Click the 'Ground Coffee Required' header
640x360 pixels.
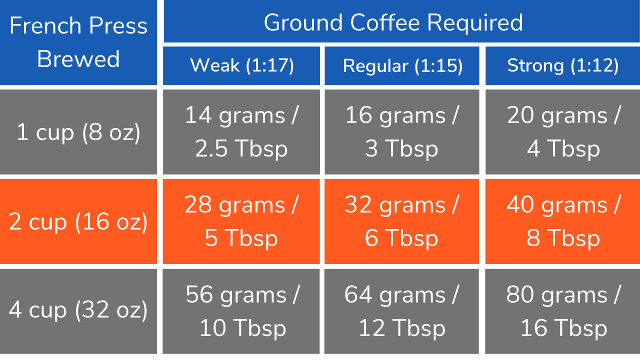coord(393,22)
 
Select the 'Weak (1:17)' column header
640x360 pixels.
coord(241,65)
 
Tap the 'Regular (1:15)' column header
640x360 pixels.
coord(402,65)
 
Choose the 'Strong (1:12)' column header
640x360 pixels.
coord(563,65)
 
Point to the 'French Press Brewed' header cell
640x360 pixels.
coord(78,42)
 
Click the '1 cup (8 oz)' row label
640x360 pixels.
coord(78,132)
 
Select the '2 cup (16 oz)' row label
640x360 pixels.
coord(78,221)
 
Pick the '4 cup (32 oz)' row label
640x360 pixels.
coord(78,310)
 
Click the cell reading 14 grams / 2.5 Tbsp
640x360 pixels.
coord(241,132)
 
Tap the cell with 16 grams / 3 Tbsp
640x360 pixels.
coord(402,132)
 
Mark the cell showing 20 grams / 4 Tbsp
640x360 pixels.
coord(563,132)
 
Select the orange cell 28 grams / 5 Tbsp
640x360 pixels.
coord(241,221)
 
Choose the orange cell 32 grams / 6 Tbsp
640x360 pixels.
coord(402,221)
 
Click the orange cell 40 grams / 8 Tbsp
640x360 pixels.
coord(563,221)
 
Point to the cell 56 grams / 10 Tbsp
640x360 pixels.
coord(241,310)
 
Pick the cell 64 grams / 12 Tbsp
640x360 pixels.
coord(402,310)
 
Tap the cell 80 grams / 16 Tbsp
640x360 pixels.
coord(563,310)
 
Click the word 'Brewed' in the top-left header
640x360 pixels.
coord(78,59)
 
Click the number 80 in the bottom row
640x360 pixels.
coord(520,294)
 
